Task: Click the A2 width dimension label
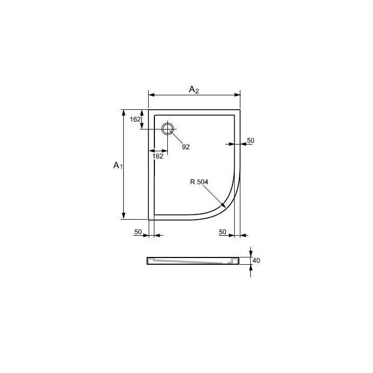194,90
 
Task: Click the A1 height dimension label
118,165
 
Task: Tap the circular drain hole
168,128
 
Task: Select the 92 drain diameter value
185,147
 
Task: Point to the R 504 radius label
199,181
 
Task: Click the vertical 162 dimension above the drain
135,119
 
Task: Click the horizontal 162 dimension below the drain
157,155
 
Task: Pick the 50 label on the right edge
250,140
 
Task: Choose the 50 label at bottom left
138,232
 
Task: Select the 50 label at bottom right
223,232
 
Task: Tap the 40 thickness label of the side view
256,260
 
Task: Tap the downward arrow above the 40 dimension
250,253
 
